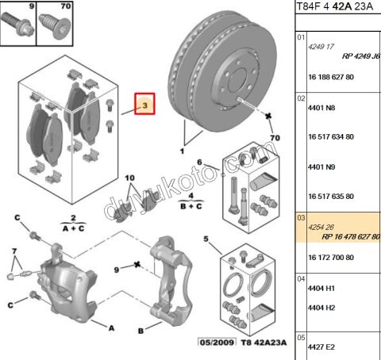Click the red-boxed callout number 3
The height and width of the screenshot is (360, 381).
tap(145, 105)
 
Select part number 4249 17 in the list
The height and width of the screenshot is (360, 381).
tap(321, 47)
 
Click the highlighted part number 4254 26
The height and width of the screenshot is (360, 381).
tap(321, 226)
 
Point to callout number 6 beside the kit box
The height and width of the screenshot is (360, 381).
tap(200, 162)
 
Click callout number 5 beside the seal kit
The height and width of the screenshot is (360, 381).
tap(206, 239)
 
